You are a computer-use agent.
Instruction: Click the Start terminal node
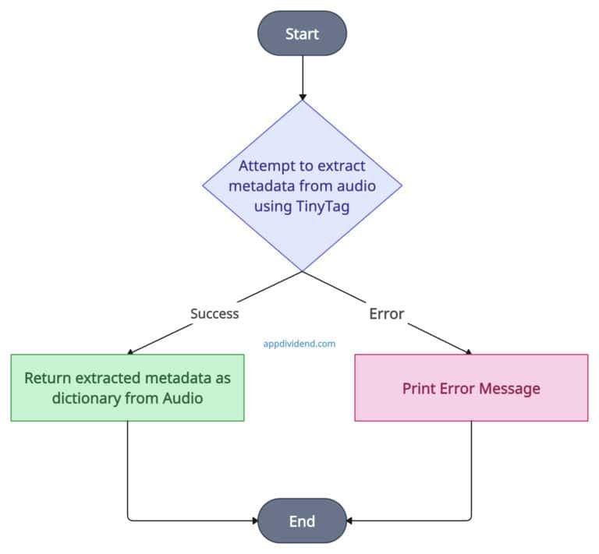302,34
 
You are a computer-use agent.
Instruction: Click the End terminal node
302,520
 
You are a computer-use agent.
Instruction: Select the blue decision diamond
302,226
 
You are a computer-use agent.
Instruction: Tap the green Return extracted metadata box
127,387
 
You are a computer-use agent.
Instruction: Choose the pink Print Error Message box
471,387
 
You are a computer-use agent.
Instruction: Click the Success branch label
214,313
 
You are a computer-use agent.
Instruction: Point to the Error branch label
386,313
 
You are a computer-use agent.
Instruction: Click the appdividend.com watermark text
299,341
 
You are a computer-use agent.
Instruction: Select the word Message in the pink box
511,388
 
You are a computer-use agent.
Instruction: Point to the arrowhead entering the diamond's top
302,95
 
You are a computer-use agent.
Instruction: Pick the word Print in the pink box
419,388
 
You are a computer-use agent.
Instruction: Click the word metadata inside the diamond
268,186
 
